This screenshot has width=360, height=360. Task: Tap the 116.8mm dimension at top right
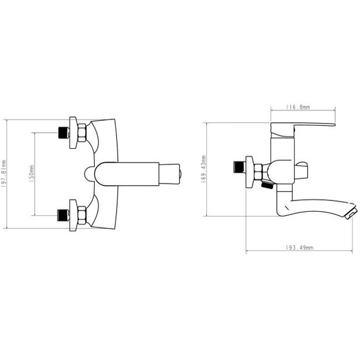(x=298, y=107)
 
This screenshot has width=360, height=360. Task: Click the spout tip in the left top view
(x=176, y=174)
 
